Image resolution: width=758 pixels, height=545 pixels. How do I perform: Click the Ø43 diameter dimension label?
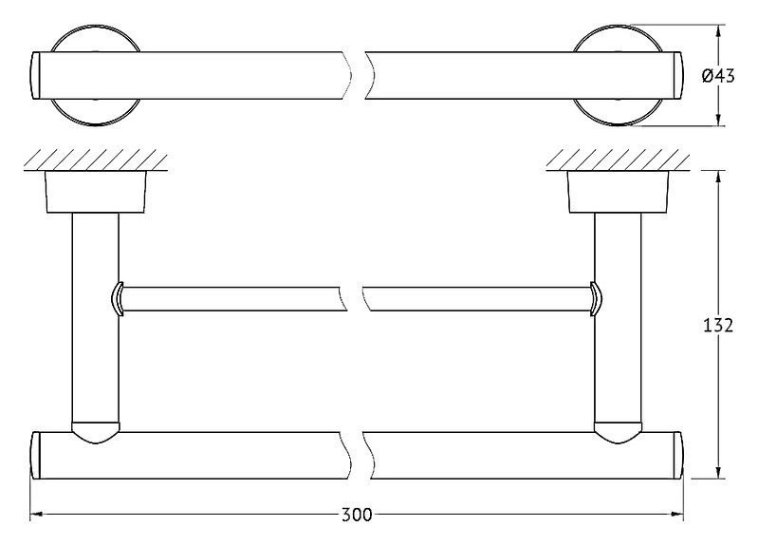718,76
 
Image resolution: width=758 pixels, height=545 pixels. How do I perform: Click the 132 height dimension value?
718,326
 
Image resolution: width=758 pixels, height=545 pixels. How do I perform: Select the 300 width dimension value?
357,515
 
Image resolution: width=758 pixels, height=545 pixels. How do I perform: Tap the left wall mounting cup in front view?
96,192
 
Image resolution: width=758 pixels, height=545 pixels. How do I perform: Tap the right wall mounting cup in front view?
618,192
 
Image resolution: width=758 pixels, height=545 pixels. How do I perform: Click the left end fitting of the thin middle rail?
118,299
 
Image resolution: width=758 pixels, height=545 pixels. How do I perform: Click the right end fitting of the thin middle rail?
596,299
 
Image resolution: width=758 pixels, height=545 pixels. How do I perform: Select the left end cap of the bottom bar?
35,455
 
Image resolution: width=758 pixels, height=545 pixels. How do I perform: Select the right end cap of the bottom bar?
677,455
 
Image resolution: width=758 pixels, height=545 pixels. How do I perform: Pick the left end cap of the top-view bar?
35,75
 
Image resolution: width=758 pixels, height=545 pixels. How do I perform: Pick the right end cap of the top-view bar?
677,75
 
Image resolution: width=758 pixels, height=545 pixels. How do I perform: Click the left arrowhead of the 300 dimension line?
36,514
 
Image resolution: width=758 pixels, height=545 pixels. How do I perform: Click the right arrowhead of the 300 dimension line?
677,514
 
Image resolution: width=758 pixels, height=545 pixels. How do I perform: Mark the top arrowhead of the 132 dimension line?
719,177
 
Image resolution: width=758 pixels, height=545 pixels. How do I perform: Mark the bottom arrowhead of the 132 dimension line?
719,473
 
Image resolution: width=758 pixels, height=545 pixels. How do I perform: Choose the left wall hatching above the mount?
96,160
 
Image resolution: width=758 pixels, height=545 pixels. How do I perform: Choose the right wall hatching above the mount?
619,160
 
